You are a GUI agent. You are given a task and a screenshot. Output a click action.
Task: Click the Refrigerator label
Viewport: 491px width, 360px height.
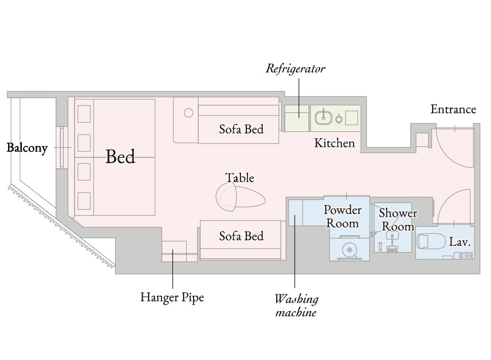[295, 68]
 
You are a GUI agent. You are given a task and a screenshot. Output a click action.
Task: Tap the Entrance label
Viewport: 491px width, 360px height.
[453, 109]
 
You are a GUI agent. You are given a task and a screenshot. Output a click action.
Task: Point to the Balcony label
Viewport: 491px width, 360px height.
[27, 148]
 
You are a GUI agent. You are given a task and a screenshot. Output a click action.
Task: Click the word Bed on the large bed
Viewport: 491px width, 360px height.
[120, 156]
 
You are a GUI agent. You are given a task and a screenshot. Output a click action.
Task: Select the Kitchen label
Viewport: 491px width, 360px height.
[335, 143]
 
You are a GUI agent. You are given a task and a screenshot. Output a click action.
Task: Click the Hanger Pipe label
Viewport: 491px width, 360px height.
[172, 297]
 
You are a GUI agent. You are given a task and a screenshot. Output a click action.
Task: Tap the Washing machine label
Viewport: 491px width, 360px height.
[296, 305]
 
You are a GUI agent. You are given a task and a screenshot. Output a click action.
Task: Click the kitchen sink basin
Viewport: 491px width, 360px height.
[323, 117]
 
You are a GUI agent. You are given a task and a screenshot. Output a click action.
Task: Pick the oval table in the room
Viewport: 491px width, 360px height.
[240, 197]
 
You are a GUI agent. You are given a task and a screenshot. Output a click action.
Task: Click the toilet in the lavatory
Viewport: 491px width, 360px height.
[431, 241]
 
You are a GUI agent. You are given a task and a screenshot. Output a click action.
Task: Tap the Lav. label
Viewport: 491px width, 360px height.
[460, 242]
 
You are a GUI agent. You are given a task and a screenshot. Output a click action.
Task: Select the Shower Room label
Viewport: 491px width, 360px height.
[398, 220]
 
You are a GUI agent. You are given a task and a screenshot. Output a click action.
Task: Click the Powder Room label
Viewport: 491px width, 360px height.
[343, 216]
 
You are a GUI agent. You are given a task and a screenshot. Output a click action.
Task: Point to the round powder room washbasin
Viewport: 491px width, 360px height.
[349, 250]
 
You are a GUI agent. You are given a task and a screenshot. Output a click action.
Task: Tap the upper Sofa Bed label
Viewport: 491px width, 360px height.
[241, 129]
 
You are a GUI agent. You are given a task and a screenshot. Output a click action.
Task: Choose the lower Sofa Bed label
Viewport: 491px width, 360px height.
[241, 236]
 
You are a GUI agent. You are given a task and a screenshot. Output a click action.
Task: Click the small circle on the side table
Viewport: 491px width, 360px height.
[189, 113]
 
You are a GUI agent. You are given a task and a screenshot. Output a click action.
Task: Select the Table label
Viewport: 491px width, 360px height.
[240, 178]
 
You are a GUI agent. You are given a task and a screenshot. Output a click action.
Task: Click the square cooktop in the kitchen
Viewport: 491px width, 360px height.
[352, 118]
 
